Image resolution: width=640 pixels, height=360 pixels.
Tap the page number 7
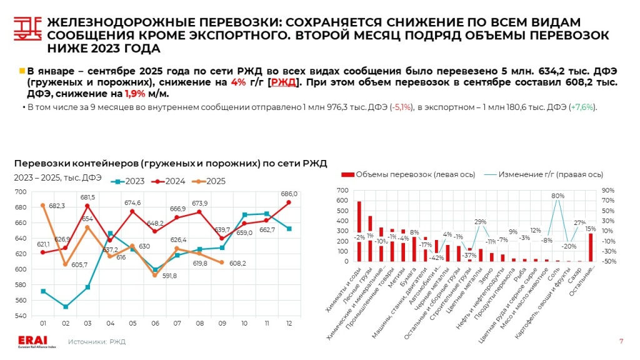tap(621, 341)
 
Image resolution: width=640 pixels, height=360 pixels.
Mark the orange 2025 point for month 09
tap(222, 262)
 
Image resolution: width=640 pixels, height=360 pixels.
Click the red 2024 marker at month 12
tap(289, 202)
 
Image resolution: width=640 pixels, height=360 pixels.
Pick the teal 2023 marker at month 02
tap(66, 307)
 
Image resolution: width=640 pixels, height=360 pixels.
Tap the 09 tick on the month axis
tap(222, 323)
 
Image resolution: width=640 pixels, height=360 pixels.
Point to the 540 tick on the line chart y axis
tap(21, 316)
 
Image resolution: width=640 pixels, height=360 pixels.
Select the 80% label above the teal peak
tap(557, 196)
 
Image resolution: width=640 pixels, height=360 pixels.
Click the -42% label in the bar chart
tap(437, 257)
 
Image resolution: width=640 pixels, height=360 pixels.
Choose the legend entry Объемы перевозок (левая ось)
tap(406, 174)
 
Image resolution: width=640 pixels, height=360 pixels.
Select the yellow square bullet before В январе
tap(22, 71)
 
